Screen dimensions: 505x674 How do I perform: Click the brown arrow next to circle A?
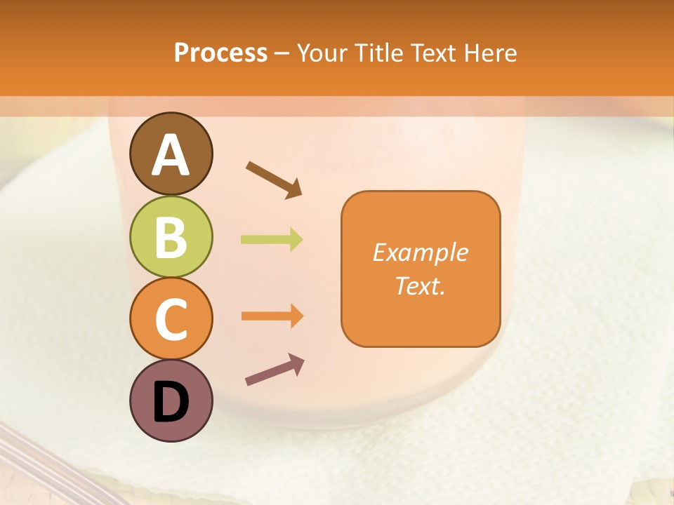click(x=274, y=180)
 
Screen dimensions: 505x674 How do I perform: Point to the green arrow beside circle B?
click(x=272, y=240)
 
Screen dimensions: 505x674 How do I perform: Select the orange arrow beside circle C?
click(x=272, y=316)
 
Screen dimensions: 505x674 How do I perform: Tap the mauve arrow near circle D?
click(x=275, y=370)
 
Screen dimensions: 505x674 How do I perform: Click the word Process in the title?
click(x=220, y=53)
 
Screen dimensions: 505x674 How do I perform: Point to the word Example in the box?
click(x=420, y=252)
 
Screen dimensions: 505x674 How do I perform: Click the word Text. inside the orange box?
click(x=420, y=286)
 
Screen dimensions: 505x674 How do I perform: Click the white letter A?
click(x=171, y=155)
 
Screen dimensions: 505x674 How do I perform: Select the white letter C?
click(x=171, y=320)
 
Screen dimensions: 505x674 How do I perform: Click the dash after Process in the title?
click(x=282, y=53)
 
